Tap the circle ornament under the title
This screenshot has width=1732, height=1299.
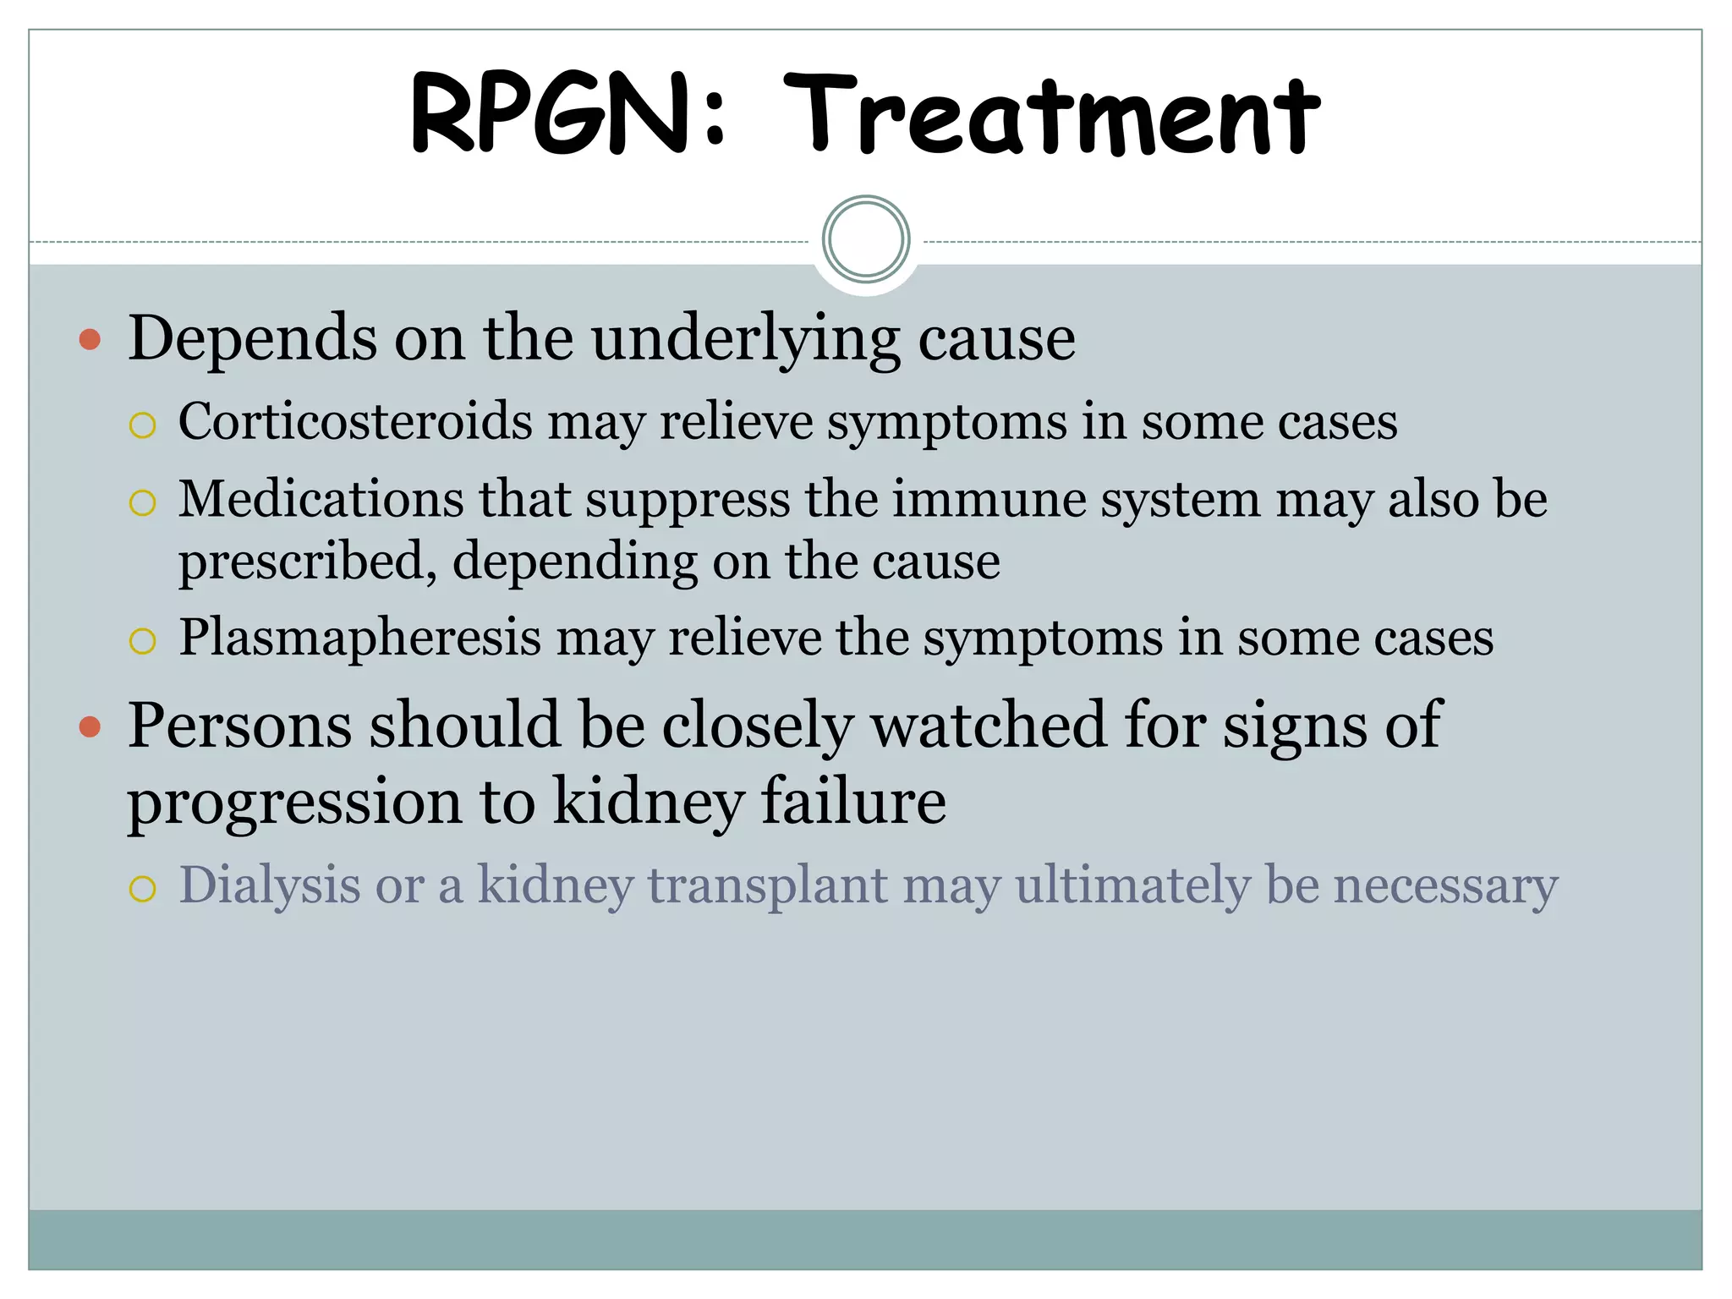[x=866, y=239]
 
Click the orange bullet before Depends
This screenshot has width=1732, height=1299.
[x=90, y=340]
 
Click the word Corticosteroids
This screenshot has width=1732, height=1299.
[x=355, y=421]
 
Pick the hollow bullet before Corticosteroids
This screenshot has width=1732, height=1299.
[x=143, y=425]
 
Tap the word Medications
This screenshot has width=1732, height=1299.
[x=321, y=499]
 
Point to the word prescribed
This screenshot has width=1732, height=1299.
[x=308, y=562]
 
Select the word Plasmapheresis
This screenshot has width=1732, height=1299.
[x=359, y=637]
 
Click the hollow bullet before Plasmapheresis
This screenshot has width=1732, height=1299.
[x=143, y=641]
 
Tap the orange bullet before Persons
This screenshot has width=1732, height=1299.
[x=90, y=726]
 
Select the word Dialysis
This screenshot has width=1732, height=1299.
[x=270, y=886]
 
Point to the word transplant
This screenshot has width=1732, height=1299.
[x=768, y=886]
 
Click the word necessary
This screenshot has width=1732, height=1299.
[x=1445, y=886]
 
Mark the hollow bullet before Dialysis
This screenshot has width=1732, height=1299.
[x=143, y=890]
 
